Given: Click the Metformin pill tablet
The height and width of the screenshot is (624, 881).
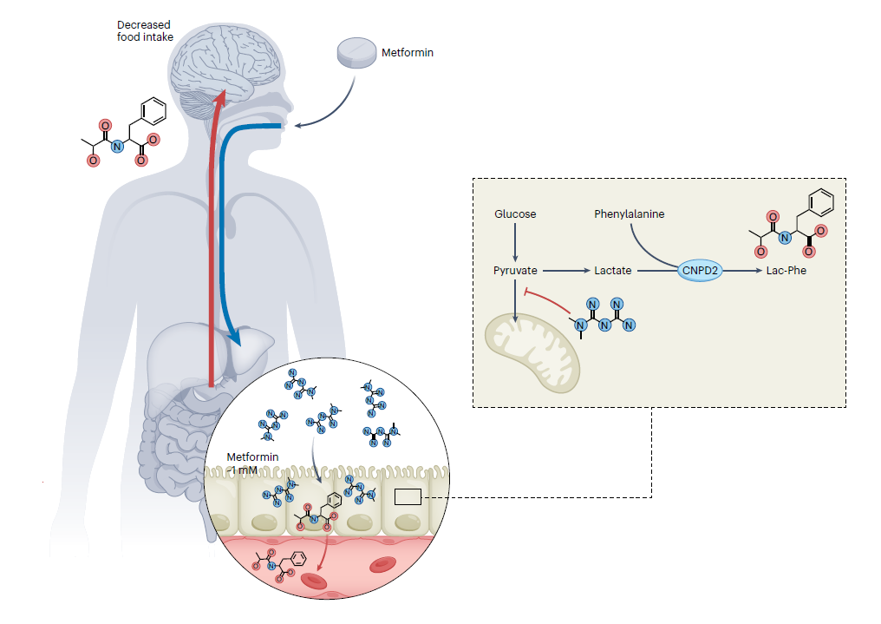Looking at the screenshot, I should pyautogui.click(x=356, y=53).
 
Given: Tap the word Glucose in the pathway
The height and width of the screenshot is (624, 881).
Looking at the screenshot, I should pyautogui.click(x=515, y=213).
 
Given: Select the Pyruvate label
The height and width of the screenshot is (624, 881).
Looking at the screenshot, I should pyautogui.click(x=515, y=271).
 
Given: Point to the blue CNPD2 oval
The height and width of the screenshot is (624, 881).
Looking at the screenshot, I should pyautogui.click(x=700, y=271).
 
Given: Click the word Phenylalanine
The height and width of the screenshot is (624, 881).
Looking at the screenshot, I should pyautogui.click(x=630, y=213).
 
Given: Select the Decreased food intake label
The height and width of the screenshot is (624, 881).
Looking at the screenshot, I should pyautogui.click(x=145, y=30).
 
